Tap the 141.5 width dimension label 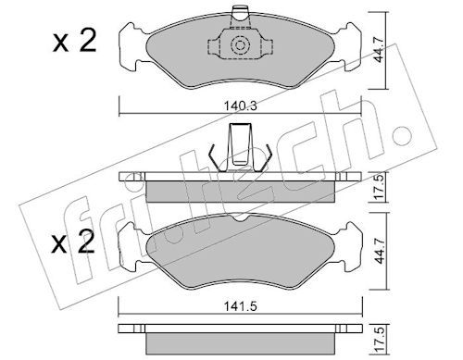click(240, 306)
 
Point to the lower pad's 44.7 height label click(380, 251)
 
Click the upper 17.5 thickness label click(380, 187)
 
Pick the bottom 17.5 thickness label click(380, 341)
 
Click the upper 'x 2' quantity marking click(74, 41)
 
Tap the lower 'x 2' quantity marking click(73, 242)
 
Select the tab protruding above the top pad click(240, 17)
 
